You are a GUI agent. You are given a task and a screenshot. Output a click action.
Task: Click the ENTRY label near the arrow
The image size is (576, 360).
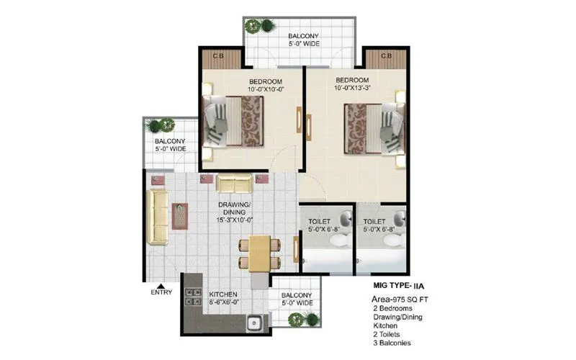(161, 292)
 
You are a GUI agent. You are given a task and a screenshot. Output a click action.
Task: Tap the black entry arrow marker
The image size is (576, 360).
(161, 283)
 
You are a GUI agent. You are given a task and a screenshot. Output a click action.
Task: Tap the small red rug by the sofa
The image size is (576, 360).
(180, 215)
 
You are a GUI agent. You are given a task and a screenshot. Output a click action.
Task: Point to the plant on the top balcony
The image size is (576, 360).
(254, 26)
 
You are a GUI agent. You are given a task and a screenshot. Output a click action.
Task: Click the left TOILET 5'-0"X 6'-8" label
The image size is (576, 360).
(320, 225)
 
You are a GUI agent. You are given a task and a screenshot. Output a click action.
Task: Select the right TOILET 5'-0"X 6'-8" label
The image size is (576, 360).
(379, 225)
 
